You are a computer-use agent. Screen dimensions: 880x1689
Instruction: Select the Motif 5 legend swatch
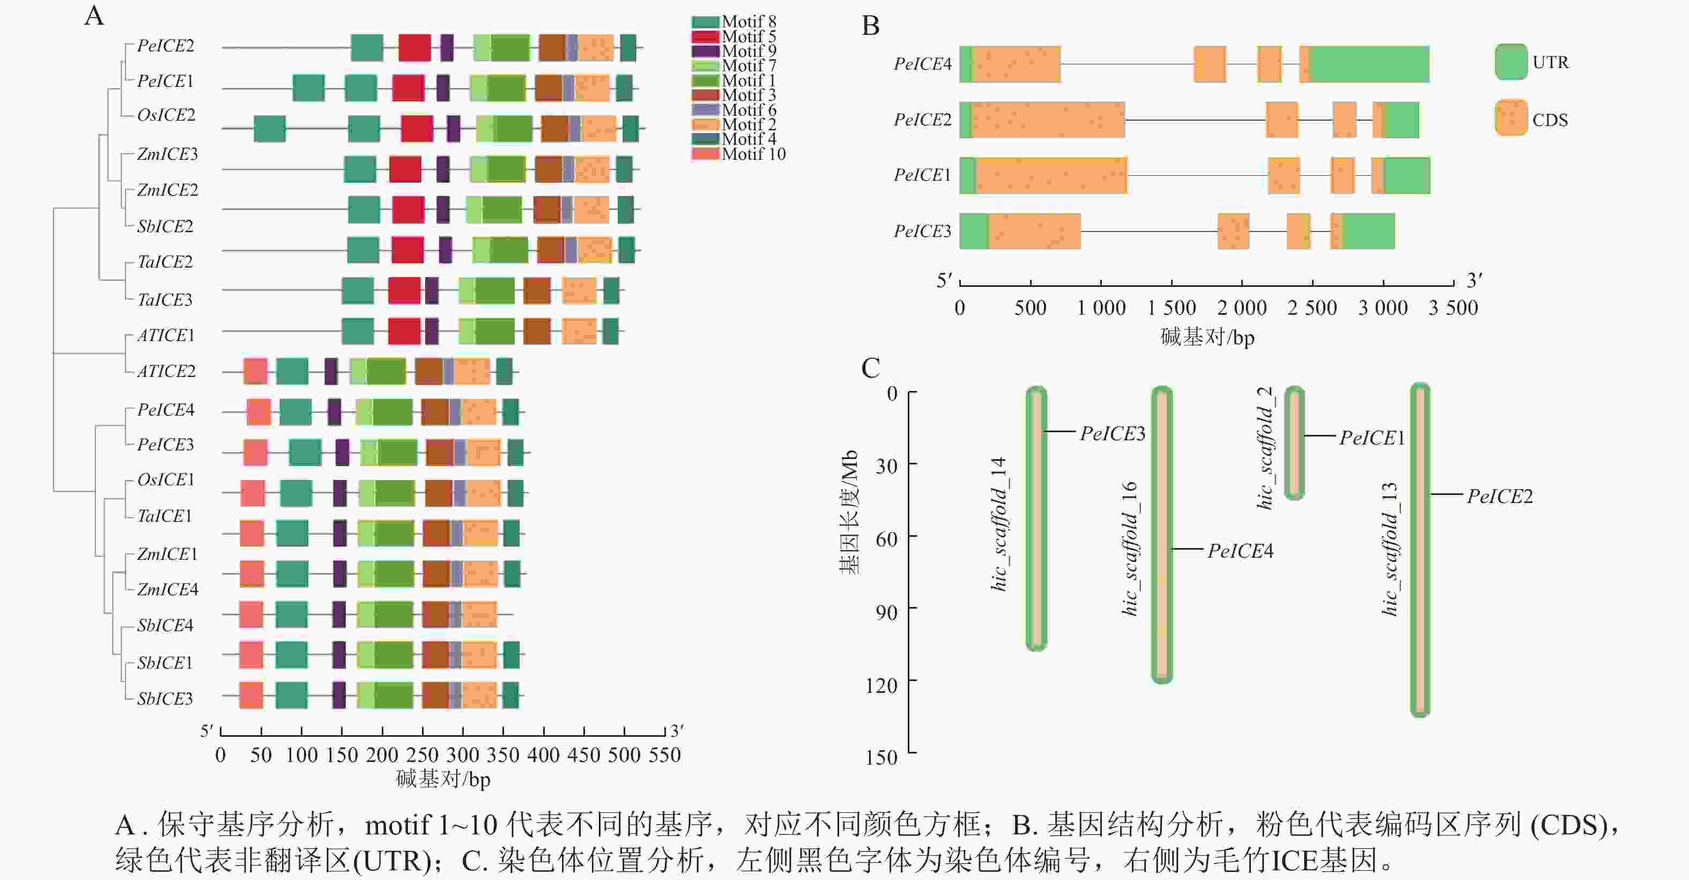click(705, 36)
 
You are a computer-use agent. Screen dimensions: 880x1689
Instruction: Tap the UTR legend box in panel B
click(1510, 62)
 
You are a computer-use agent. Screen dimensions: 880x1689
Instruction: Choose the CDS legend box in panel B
click(1510, 118)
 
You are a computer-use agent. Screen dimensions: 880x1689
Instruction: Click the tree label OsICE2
click(166, 115)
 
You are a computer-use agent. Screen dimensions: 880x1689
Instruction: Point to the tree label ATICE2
click(166, 371)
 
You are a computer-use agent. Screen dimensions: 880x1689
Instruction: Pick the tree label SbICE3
click(165, 698)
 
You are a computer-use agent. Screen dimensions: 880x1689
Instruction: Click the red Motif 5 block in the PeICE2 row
click(414, 48)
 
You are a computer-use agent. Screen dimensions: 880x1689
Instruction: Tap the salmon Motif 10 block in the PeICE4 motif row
click(258, 412)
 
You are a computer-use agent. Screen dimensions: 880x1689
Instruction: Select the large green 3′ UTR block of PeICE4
click(1369, 64)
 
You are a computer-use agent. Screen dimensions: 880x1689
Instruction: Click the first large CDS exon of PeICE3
click(1034, 231)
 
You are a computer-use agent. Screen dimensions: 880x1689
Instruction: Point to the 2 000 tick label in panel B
click(1241, 307)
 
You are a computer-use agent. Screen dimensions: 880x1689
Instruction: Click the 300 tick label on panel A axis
click(462, 755)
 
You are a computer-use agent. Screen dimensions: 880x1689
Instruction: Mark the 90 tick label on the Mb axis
click(886, 612)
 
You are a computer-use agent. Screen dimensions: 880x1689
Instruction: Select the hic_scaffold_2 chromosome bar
click(1294, 442)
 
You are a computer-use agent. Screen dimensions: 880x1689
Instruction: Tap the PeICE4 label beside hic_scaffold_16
click(1240, 551)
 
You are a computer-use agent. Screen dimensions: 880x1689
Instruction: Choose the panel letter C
click(870, 368)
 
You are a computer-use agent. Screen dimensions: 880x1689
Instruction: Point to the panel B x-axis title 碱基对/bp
click(1206, 337)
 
